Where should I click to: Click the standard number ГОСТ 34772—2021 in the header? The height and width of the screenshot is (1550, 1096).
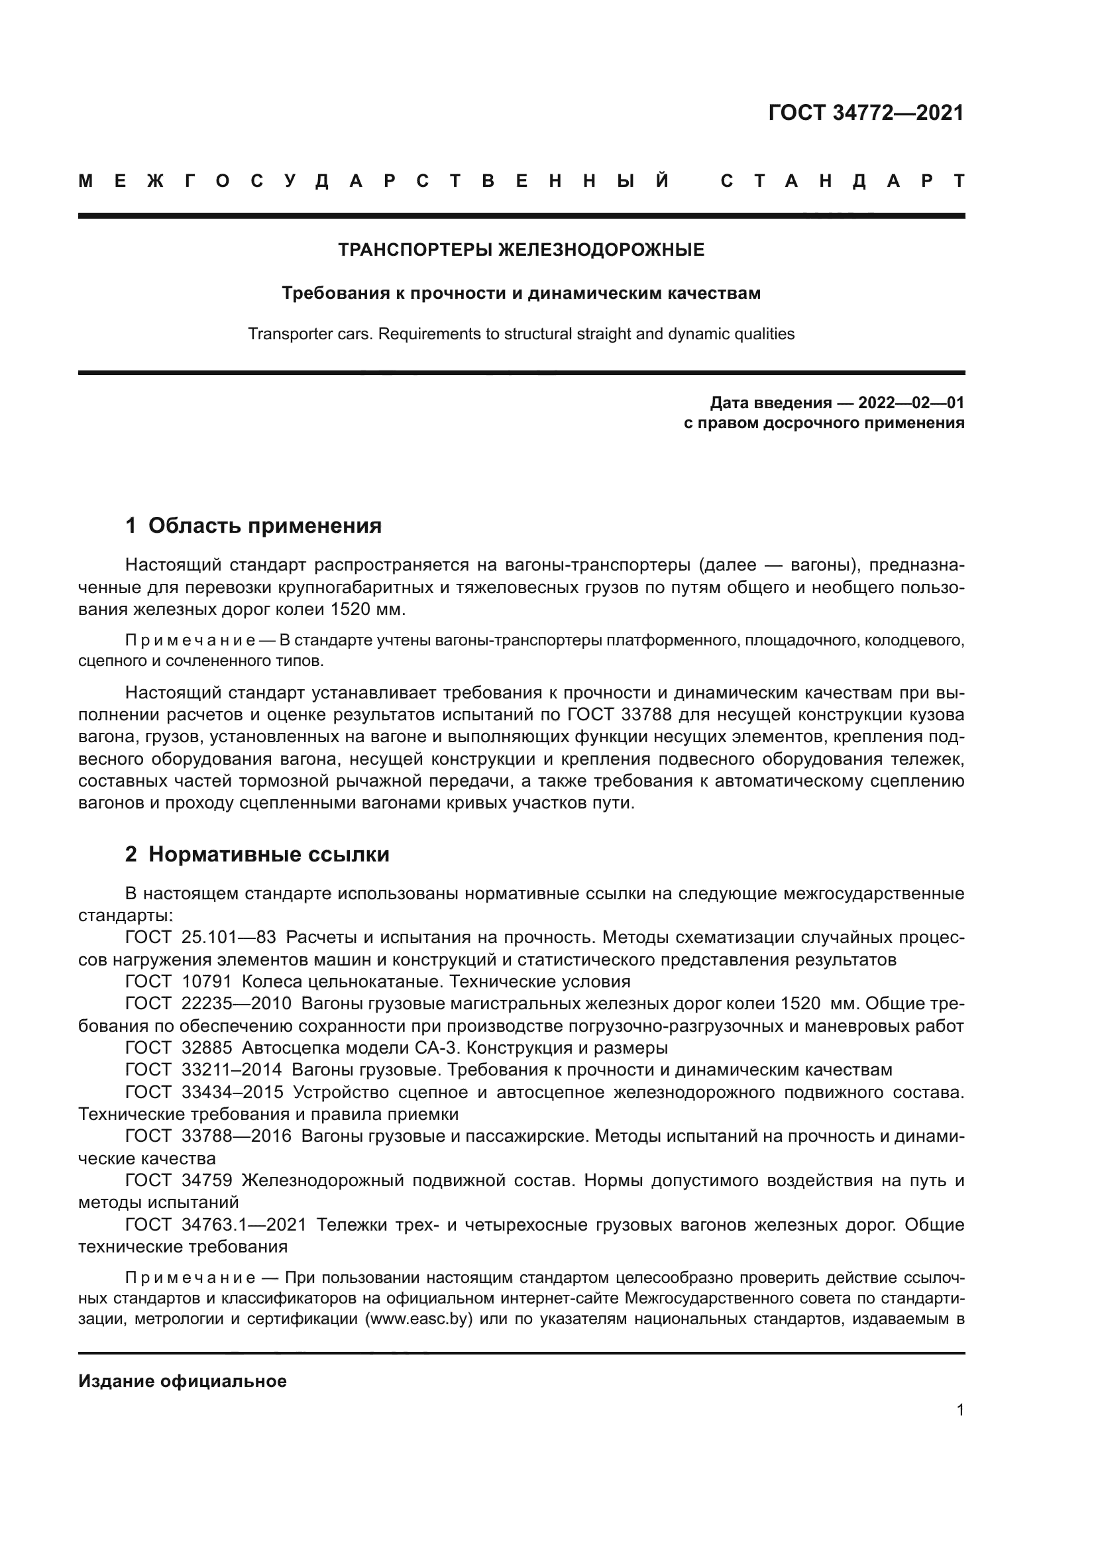click(x=866, y=113)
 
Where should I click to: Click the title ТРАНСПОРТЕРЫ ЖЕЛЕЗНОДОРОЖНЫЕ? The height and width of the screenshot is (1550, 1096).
click(x=521, y=250)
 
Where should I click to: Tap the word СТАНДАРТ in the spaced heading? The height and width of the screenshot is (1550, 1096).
click(x=842, y=181)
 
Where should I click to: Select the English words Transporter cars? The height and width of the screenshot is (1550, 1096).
click(x=309, y=333)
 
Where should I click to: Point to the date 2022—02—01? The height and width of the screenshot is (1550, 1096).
click(x=911, y=403)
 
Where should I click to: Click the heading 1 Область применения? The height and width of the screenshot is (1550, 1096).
click(x=253, y=526)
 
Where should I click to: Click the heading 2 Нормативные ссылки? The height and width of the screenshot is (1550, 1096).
click(x=257, y=855)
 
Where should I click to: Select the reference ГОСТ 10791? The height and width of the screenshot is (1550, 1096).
click(x=179, y=981)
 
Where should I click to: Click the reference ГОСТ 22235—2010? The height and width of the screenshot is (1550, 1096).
click(x=209, y=1004)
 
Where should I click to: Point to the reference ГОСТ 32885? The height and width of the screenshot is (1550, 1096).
click(x=179, y=1048)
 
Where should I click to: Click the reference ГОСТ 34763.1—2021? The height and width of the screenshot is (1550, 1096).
click(x=216, y=1225)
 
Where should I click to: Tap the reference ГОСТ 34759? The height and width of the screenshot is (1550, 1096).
click(x=179, y=1181)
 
